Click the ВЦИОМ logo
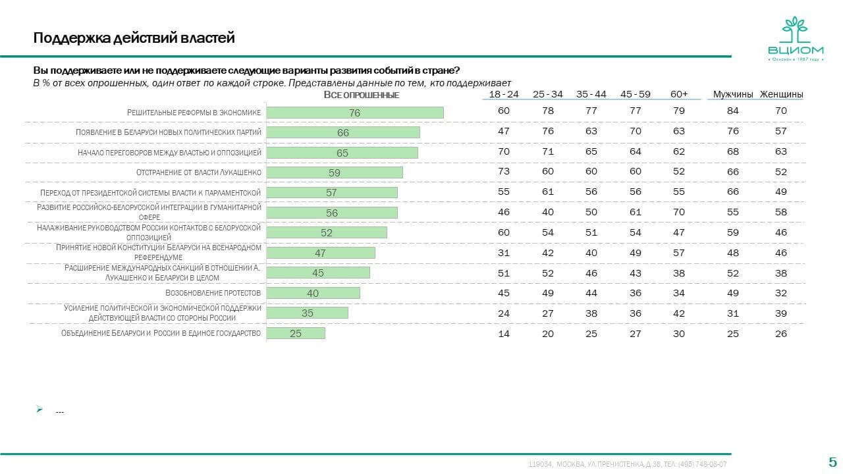click(x=794, y=39)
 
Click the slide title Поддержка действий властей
click(x=134, y=38)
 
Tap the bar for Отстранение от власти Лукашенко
click(x=334, y=172)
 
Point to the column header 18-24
click(x=504, y=94)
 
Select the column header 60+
click(x=679, y=94)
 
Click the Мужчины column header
click(x=733, y=94)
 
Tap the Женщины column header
click(x=781, y=94)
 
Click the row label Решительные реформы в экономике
click(x=194, y=113)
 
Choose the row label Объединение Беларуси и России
click(x=161, y=333)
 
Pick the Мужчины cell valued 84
click(x=733, y=111)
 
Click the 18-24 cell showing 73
click(x=504, y=171)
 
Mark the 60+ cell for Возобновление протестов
click(x=679, y=293)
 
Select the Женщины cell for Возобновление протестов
click(x=781, y=293)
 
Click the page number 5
click(x=832, y=461)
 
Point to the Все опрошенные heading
click(x=362, y=95)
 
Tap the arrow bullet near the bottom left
click(x=40, y=409)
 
